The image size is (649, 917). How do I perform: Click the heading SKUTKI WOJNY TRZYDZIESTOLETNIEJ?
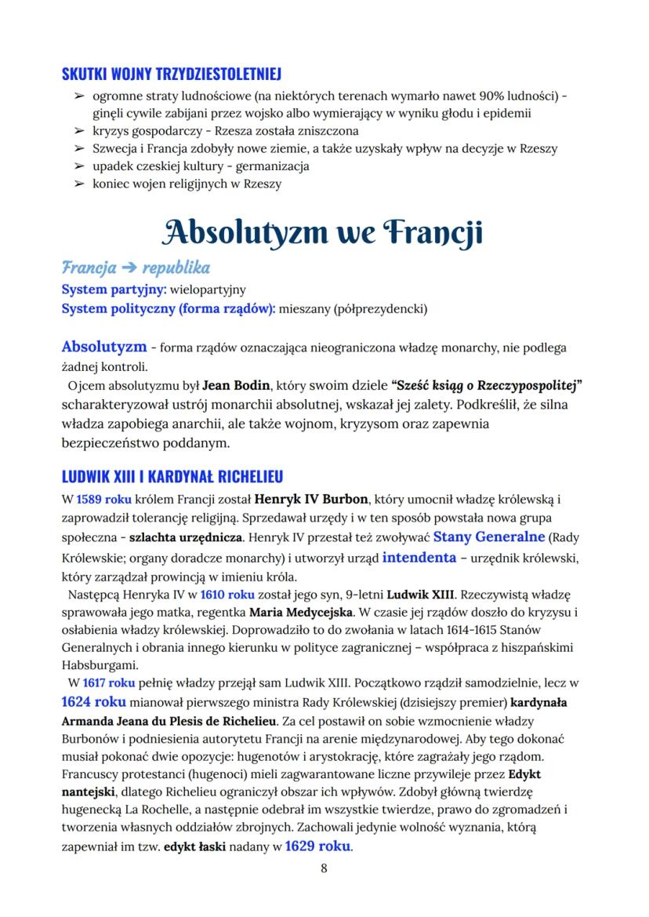[x=172, y=75]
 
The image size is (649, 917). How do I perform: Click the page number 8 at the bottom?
[x=324, y=868]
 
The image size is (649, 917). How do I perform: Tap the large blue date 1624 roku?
[x=95, y=700]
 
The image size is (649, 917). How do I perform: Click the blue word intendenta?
[x=419, y=558]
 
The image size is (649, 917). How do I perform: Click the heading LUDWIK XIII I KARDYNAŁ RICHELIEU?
[x=172, y=476]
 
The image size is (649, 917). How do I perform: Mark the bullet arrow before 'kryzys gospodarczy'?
[x=78, y=131]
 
